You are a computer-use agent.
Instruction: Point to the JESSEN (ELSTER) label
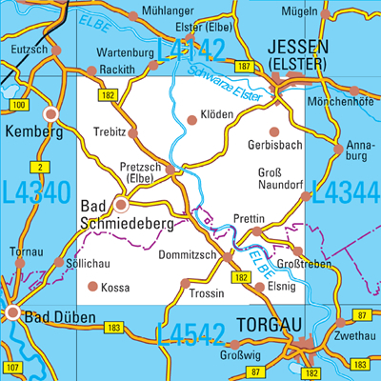pyautogui.click(x=299, y=54)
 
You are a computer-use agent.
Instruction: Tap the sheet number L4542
pyautogui.click(x=190, y=334)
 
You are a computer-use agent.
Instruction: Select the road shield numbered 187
pyautogui.click(x=245, y=66)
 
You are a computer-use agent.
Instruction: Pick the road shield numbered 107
pyautogui.click(x=11, y=367)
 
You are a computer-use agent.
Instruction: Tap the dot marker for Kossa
pyautogui.click(x=92, y=286)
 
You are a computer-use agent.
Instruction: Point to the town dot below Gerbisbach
pyautogui.click(x=275, y=132)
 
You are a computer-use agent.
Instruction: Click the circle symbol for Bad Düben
pyautogui.click(x=12, y=312)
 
